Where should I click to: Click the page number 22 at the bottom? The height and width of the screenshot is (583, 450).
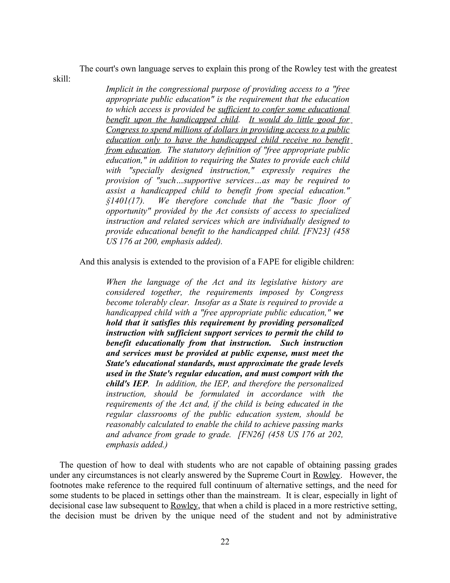point(225,542)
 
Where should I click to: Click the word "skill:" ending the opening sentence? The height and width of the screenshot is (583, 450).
point(62,79)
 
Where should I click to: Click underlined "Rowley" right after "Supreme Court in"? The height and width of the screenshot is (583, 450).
point(326,475)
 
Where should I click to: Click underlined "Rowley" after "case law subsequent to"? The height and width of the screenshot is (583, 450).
point(184,506)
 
